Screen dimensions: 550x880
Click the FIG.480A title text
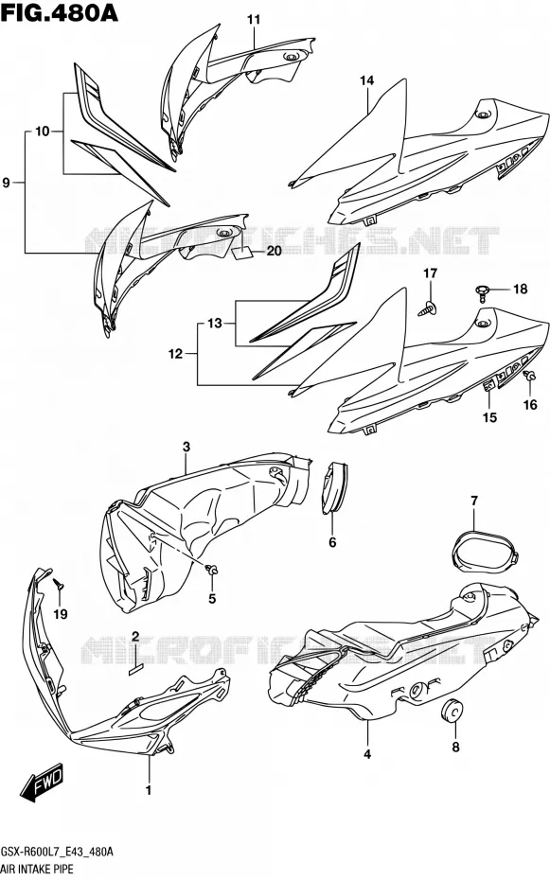pyautogui.click(x=60, y=12)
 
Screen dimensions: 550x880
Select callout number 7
pyautogui.click(x=474, y=501)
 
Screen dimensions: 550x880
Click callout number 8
pyautogui.click(x=455, y=747)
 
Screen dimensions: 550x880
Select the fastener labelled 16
pyautogui.click(x=528, y=378)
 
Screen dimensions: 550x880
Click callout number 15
pyautogui.click(x=489, y=417)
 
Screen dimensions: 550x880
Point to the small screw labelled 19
pyautogui.click(x=59, y=584)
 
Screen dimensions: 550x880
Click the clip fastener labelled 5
pyautogui.click(x=212, y=571)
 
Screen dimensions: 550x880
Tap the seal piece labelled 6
pyautogui.click(x=334, y=487)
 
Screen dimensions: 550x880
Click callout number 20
pyautogui.click(x=274, y=251)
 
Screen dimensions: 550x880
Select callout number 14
pyautogui.click(x=366, y=80)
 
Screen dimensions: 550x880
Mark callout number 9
pyautogui.click(x=7, y=183)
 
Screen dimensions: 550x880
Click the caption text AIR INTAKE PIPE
pyautogui.click(x=37, y=870)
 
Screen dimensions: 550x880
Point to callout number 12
pyautogui.click(x=175, y=354)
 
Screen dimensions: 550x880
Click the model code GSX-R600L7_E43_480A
pyautogui.click(x=57, y=852)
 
